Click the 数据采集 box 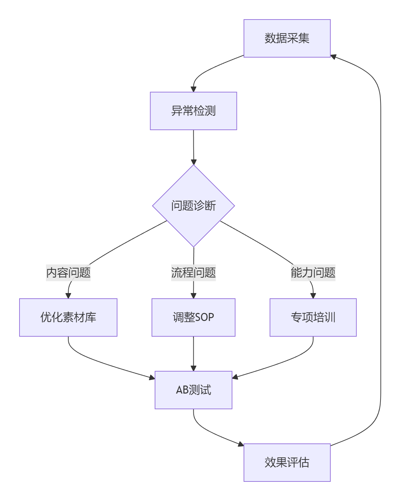[287, 38]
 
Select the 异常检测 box [193, 111]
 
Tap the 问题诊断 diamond [193, 206]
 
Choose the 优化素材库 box [68, 317]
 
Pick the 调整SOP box [193, 317]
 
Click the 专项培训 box [313, 317]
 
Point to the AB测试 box [193, 390]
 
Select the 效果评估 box [287, 463]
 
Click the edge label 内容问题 [68, 272]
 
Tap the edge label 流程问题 [193, 272]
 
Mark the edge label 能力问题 [313, 272]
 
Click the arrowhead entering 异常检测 [193, 89]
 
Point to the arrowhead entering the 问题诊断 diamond [193, 162]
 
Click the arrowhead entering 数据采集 [333, 56]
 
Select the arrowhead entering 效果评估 [241, 444]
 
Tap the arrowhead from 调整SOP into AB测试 [193, 368]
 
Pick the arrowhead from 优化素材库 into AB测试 [152, 377]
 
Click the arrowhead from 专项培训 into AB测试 [235, 377]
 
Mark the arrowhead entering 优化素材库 [68, 296]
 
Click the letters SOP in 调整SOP [204, 317]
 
